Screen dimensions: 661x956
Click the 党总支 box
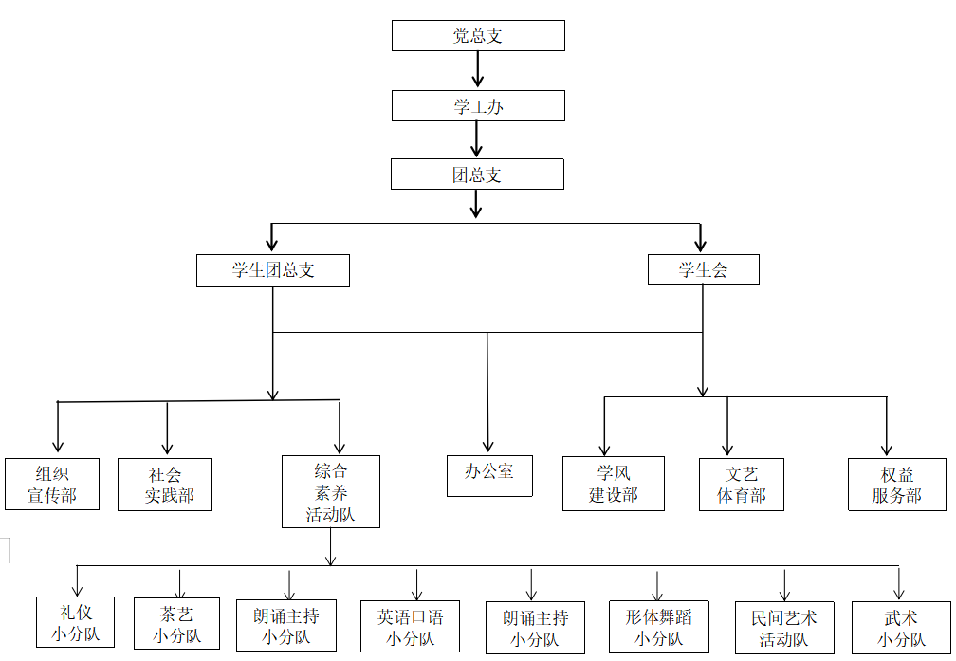click(478, 36)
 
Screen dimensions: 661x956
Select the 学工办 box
click(478, 106)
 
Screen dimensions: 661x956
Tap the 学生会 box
click(703, 270)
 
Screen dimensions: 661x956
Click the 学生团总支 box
click(273, 270)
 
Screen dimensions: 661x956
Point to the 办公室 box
click(489, 475)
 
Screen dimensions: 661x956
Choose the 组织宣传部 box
click(52, 484)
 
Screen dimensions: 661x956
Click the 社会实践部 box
click(165, 485)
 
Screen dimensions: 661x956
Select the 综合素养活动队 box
click(330, 491)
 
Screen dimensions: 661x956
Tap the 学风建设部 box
click(613, 484)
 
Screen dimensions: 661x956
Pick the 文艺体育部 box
click(741, 485)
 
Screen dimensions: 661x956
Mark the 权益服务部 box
click(896, 485)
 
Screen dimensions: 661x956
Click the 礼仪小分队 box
click(75, 621)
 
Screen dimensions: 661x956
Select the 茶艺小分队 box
click(176, 623)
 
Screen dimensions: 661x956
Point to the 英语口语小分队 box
click(410, 626)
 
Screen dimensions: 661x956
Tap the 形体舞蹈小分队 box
click(658, 626)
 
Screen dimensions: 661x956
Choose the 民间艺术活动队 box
click(784, 627)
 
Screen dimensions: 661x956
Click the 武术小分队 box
click(900, 627)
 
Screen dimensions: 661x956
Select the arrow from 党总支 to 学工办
click(478, 69)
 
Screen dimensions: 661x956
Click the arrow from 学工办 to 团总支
click(478, 139)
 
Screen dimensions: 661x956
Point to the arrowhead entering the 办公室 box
click(488, 446)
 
